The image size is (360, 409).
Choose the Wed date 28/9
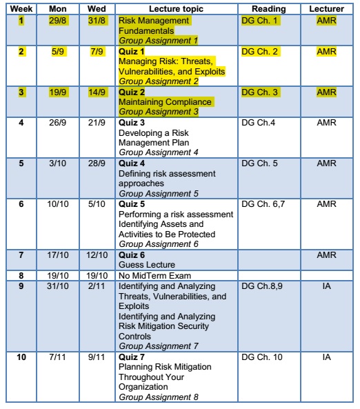point(97,164)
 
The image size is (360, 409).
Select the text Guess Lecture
point(146,264)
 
